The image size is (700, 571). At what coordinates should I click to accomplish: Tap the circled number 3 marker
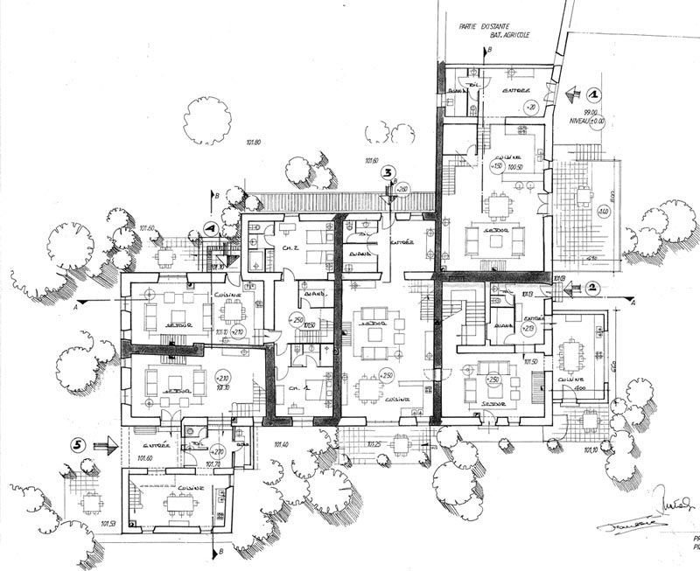[388, 172]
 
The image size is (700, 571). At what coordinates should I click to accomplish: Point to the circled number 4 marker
[209, 227]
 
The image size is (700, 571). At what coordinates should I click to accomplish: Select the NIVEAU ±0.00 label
[584, 121]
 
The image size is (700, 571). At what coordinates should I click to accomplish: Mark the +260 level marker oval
[402, 190]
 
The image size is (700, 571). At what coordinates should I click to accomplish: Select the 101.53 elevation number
[108, 525]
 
